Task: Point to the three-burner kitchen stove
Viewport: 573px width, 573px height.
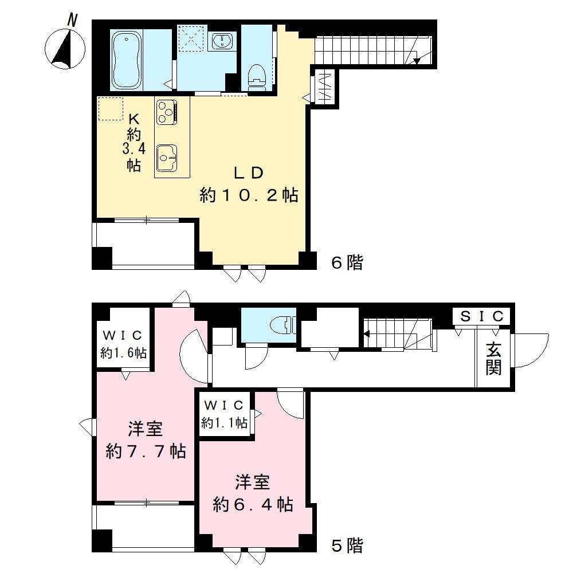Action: tap(167, 111)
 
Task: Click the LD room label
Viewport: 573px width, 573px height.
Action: tap(248, 172)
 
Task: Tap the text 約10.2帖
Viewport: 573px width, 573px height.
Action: tap(249, 195)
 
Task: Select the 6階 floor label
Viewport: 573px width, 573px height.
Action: tap(347, 263)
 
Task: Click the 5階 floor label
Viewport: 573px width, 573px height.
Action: tap(347, 545)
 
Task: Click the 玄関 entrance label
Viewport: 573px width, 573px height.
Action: tap(494, 359)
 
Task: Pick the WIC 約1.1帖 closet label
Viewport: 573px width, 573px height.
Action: tap(224, 415)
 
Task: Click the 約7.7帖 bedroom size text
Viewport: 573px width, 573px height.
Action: tap(146, 452)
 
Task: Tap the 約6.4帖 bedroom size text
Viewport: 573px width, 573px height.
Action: tap(253, 505)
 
